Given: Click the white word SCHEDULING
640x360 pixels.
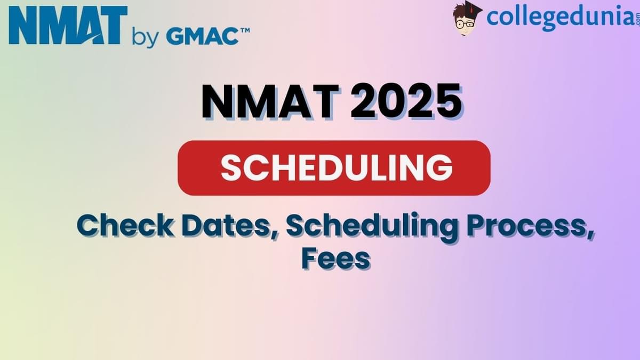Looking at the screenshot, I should click(x=337, y=168).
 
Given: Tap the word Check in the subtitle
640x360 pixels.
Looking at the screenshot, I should click(x=125, y=226).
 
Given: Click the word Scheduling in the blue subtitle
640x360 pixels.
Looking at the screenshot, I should click(x=370, y=226).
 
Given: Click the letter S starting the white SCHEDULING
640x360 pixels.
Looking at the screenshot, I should click(x=233, y=168).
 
